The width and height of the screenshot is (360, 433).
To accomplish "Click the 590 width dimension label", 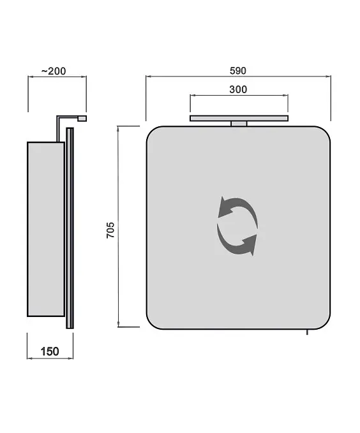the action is click(x=238, y=71).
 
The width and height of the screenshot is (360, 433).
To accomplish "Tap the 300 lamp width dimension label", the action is click(x=238, y=89).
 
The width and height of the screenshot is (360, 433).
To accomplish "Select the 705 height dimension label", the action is click(x=110, y=230).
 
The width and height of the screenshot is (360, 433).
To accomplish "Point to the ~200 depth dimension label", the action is click(x=54, y=71).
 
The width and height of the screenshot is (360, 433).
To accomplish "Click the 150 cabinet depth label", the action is click(x=50, y=351).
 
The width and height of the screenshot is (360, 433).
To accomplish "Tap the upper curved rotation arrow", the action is click(x=241, y=204).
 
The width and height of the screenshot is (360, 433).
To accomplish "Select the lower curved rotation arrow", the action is click(x=235, y=246).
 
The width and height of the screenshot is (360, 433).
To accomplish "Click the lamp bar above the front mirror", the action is click(x=239, y=118).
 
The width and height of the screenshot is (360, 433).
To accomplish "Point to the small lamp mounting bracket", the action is click(x=239, y=124).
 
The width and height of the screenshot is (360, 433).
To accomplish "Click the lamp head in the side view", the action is click(x=82, y=119).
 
